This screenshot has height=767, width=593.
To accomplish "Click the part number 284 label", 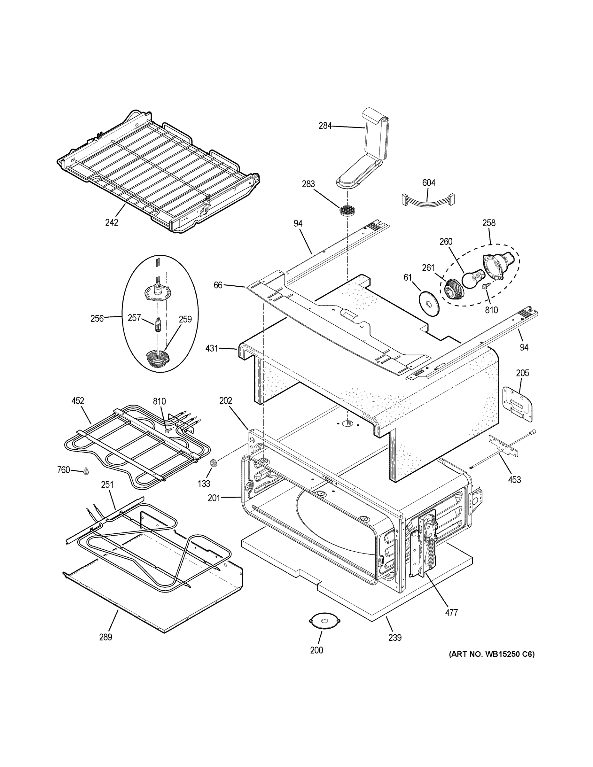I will tap(325, 126).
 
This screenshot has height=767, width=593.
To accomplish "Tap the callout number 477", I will tap(451, 612).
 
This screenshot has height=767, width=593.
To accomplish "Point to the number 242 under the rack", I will tap(112, 222).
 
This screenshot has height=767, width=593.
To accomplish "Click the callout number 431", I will tap(212, 348).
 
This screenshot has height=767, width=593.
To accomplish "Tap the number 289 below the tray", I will tap(105, 637).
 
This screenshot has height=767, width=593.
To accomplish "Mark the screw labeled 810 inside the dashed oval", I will tap(486, 296).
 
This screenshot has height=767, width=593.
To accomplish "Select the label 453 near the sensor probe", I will tap(514, 479).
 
